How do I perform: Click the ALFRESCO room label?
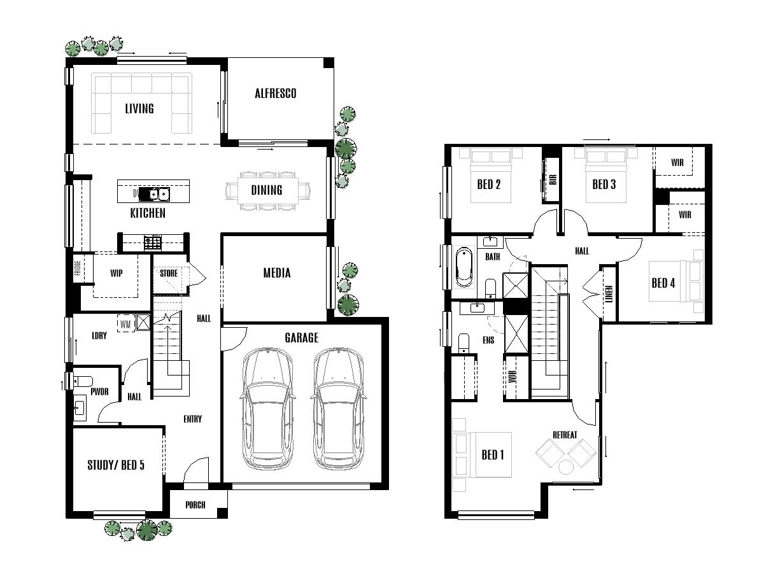click(x=275, y=94)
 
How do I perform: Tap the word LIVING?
click(x=139, y=108)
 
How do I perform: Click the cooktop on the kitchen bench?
click(x=152, y=242)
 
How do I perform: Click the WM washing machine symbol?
click(x=125, y=324)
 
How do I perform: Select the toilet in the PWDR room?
click(x=81, y=382)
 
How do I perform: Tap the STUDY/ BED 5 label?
click(x=115, y=465)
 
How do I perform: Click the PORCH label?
click(x=195, y=505)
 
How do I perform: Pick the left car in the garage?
click(x=267, y=407)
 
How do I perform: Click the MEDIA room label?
click(x=277, y=273)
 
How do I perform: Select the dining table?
click(x=267, y=190)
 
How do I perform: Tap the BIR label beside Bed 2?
click(x=551, y=180)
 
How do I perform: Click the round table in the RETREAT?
click(x=566, y=467)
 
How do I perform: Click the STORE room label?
click(x=169, y=273)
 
